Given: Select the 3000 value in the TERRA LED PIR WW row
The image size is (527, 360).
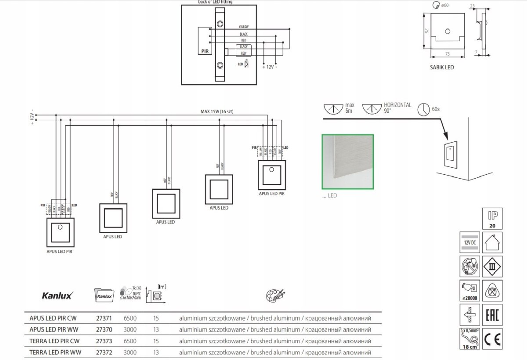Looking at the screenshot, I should coord(130,352).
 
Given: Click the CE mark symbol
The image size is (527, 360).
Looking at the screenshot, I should coord(492,339).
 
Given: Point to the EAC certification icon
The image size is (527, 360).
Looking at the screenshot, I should coord(492,315).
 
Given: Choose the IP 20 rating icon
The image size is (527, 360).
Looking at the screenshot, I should coord(492,218).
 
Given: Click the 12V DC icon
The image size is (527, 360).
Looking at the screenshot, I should coord(469,242).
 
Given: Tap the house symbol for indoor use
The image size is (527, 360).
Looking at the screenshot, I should coord(492,242).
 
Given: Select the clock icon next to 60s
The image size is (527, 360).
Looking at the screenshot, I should coord(423,109).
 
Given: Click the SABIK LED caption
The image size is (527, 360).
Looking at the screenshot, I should coord(442,68).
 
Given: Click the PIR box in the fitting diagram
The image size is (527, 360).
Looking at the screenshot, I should coord(205,51).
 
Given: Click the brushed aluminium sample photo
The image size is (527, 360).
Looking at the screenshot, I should coord(348,162).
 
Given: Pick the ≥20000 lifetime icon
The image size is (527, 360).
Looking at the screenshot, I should coord(469,290).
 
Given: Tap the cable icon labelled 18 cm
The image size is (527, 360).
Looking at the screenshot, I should coord(469,339).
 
